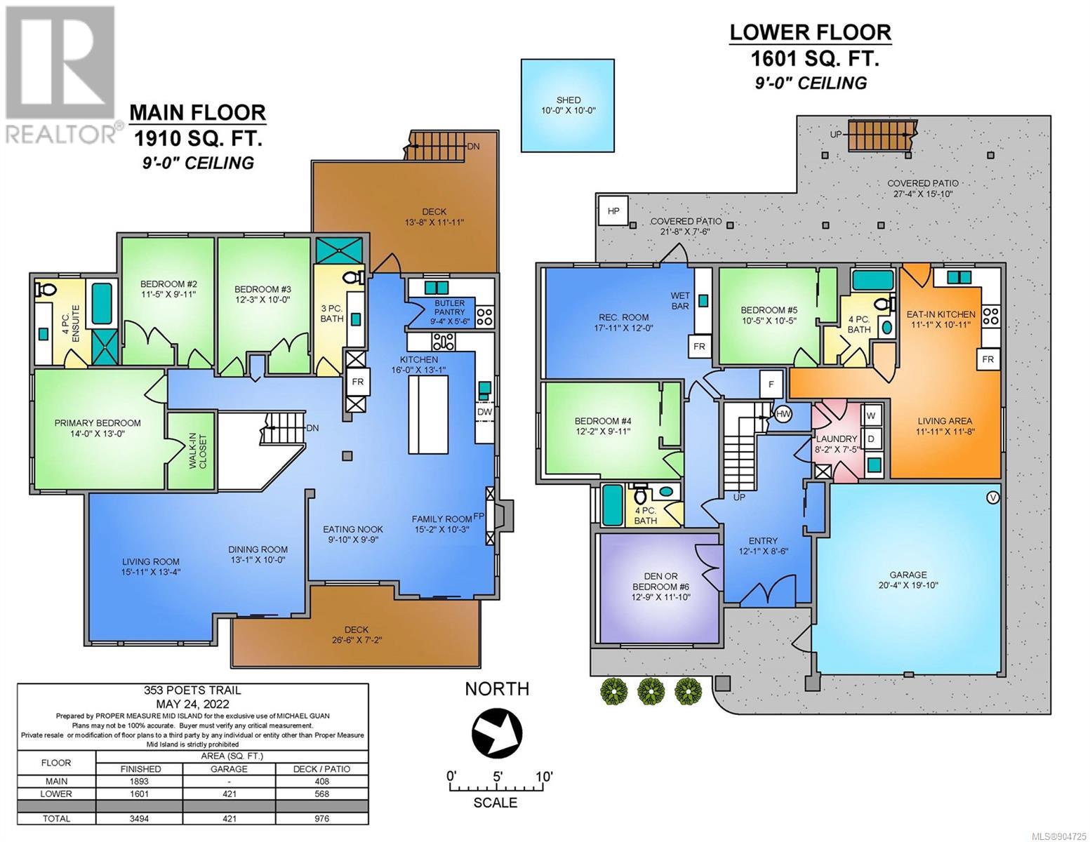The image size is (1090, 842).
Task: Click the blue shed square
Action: (x=567, y=105)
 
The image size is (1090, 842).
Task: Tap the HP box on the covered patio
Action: (x=613, y=211)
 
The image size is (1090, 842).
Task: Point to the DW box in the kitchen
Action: (x=484, y=412)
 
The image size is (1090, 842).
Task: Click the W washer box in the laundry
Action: (x=871, y=415)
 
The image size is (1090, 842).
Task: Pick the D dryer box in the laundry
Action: (x=871, y=439)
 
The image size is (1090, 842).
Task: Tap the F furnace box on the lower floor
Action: (x=771, y=385)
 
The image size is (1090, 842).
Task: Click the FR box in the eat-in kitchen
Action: (x=988, y=359)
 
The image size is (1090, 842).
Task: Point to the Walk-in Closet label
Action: (x=198, y=451)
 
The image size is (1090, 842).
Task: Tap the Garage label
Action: (x=908, y=575)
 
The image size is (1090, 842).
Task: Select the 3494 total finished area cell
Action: (x=140, y=818)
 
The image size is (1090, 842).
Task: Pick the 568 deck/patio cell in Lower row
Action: (x=321, y=794)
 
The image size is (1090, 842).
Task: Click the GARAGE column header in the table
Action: (x=229, y=769)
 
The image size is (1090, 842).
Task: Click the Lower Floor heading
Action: (x=810, y=32)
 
